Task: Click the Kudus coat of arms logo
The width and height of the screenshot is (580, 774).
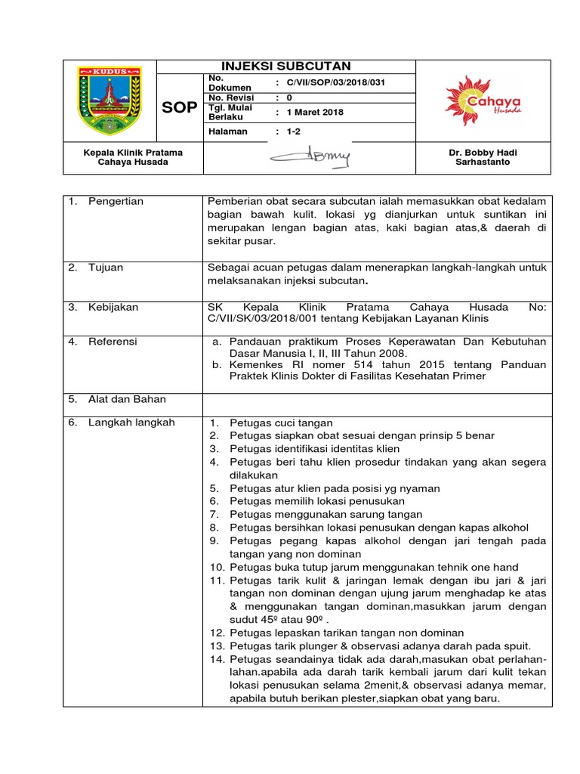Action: click(109, 101)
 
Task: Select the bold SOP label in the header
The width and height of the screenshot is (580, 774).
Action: click(178, 107)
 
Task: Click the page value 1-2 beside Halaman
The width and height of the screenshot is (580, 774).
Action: click(293, 132)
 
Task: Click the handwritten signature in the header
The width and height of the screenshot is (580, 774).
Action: click(310, 157)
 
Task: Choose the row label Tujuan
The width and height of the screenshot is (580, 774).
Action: click(105, 268)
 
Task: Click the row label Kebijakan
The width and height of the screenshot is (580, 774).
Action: click(113, 308)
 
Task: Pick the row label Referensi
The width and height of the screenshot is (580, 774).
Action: click(113, 342)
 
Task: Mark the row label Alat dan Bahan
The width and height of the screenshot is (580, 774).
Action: click(127, 399)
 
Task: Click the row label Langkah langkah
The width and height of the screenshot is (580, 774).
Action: click(131, 423)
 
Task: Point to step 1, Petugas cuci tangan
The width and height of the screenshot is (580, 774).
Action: click(281, 423)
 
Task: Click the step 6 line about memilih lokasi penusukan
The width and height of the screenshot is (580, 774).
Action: click(317, 501)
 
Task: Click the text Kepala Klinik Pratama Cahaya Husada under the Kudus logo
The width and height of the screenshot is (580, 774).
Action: click(133, 157)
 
